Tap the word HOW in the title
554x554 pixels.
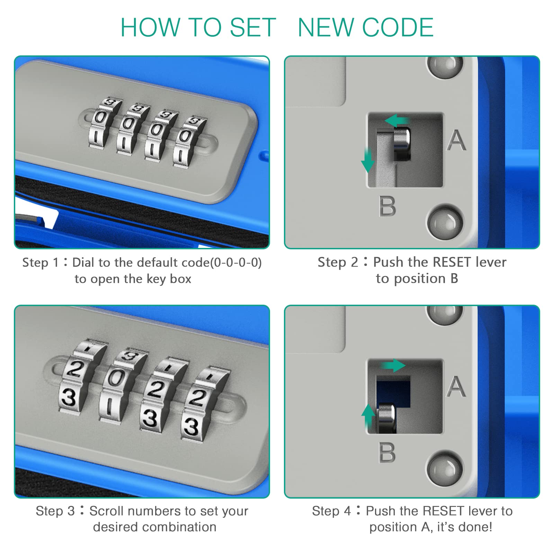tap(150, 27)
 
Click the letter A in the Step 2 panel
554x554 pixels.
tap(456, 140)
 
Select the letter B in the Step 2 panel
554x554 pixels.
tap(387, 206)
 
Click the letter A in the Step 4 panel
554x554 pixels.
tap(456, 387)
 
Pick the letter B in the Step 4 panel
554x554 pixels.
tap(387, 453)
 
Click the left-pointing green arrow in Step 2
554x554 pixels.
tap(396, 121)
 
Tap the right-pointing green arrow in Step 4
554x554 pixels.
tap(393, 365)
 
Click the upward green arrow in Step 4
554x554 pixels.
tap(368, 415)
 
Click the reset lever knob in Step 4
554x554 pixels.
tap(387, 418)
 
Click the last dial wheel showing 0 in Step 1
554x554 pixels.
tap(185, 136)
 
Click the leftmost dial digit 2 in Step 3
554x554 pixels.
tap(74, 369)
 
